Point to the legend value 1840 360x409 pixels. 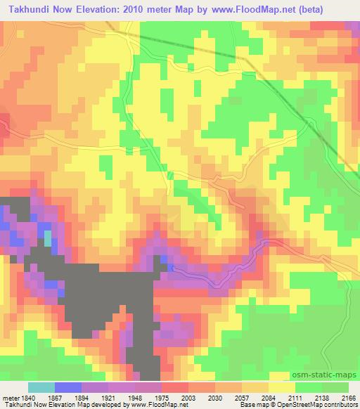[27, 396]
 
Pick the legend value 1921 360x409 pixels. [108, 396]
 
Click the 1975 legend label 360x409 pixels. [162, 396]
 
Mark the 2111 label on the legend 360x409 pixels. [297, 396]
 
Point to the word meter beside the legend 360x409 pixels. [9, 396]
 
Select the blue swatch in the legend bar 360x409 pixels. [67, 387]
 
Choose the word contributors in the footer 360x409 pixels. [342, 405]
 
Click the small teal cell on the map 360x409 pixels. [48, 238]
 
